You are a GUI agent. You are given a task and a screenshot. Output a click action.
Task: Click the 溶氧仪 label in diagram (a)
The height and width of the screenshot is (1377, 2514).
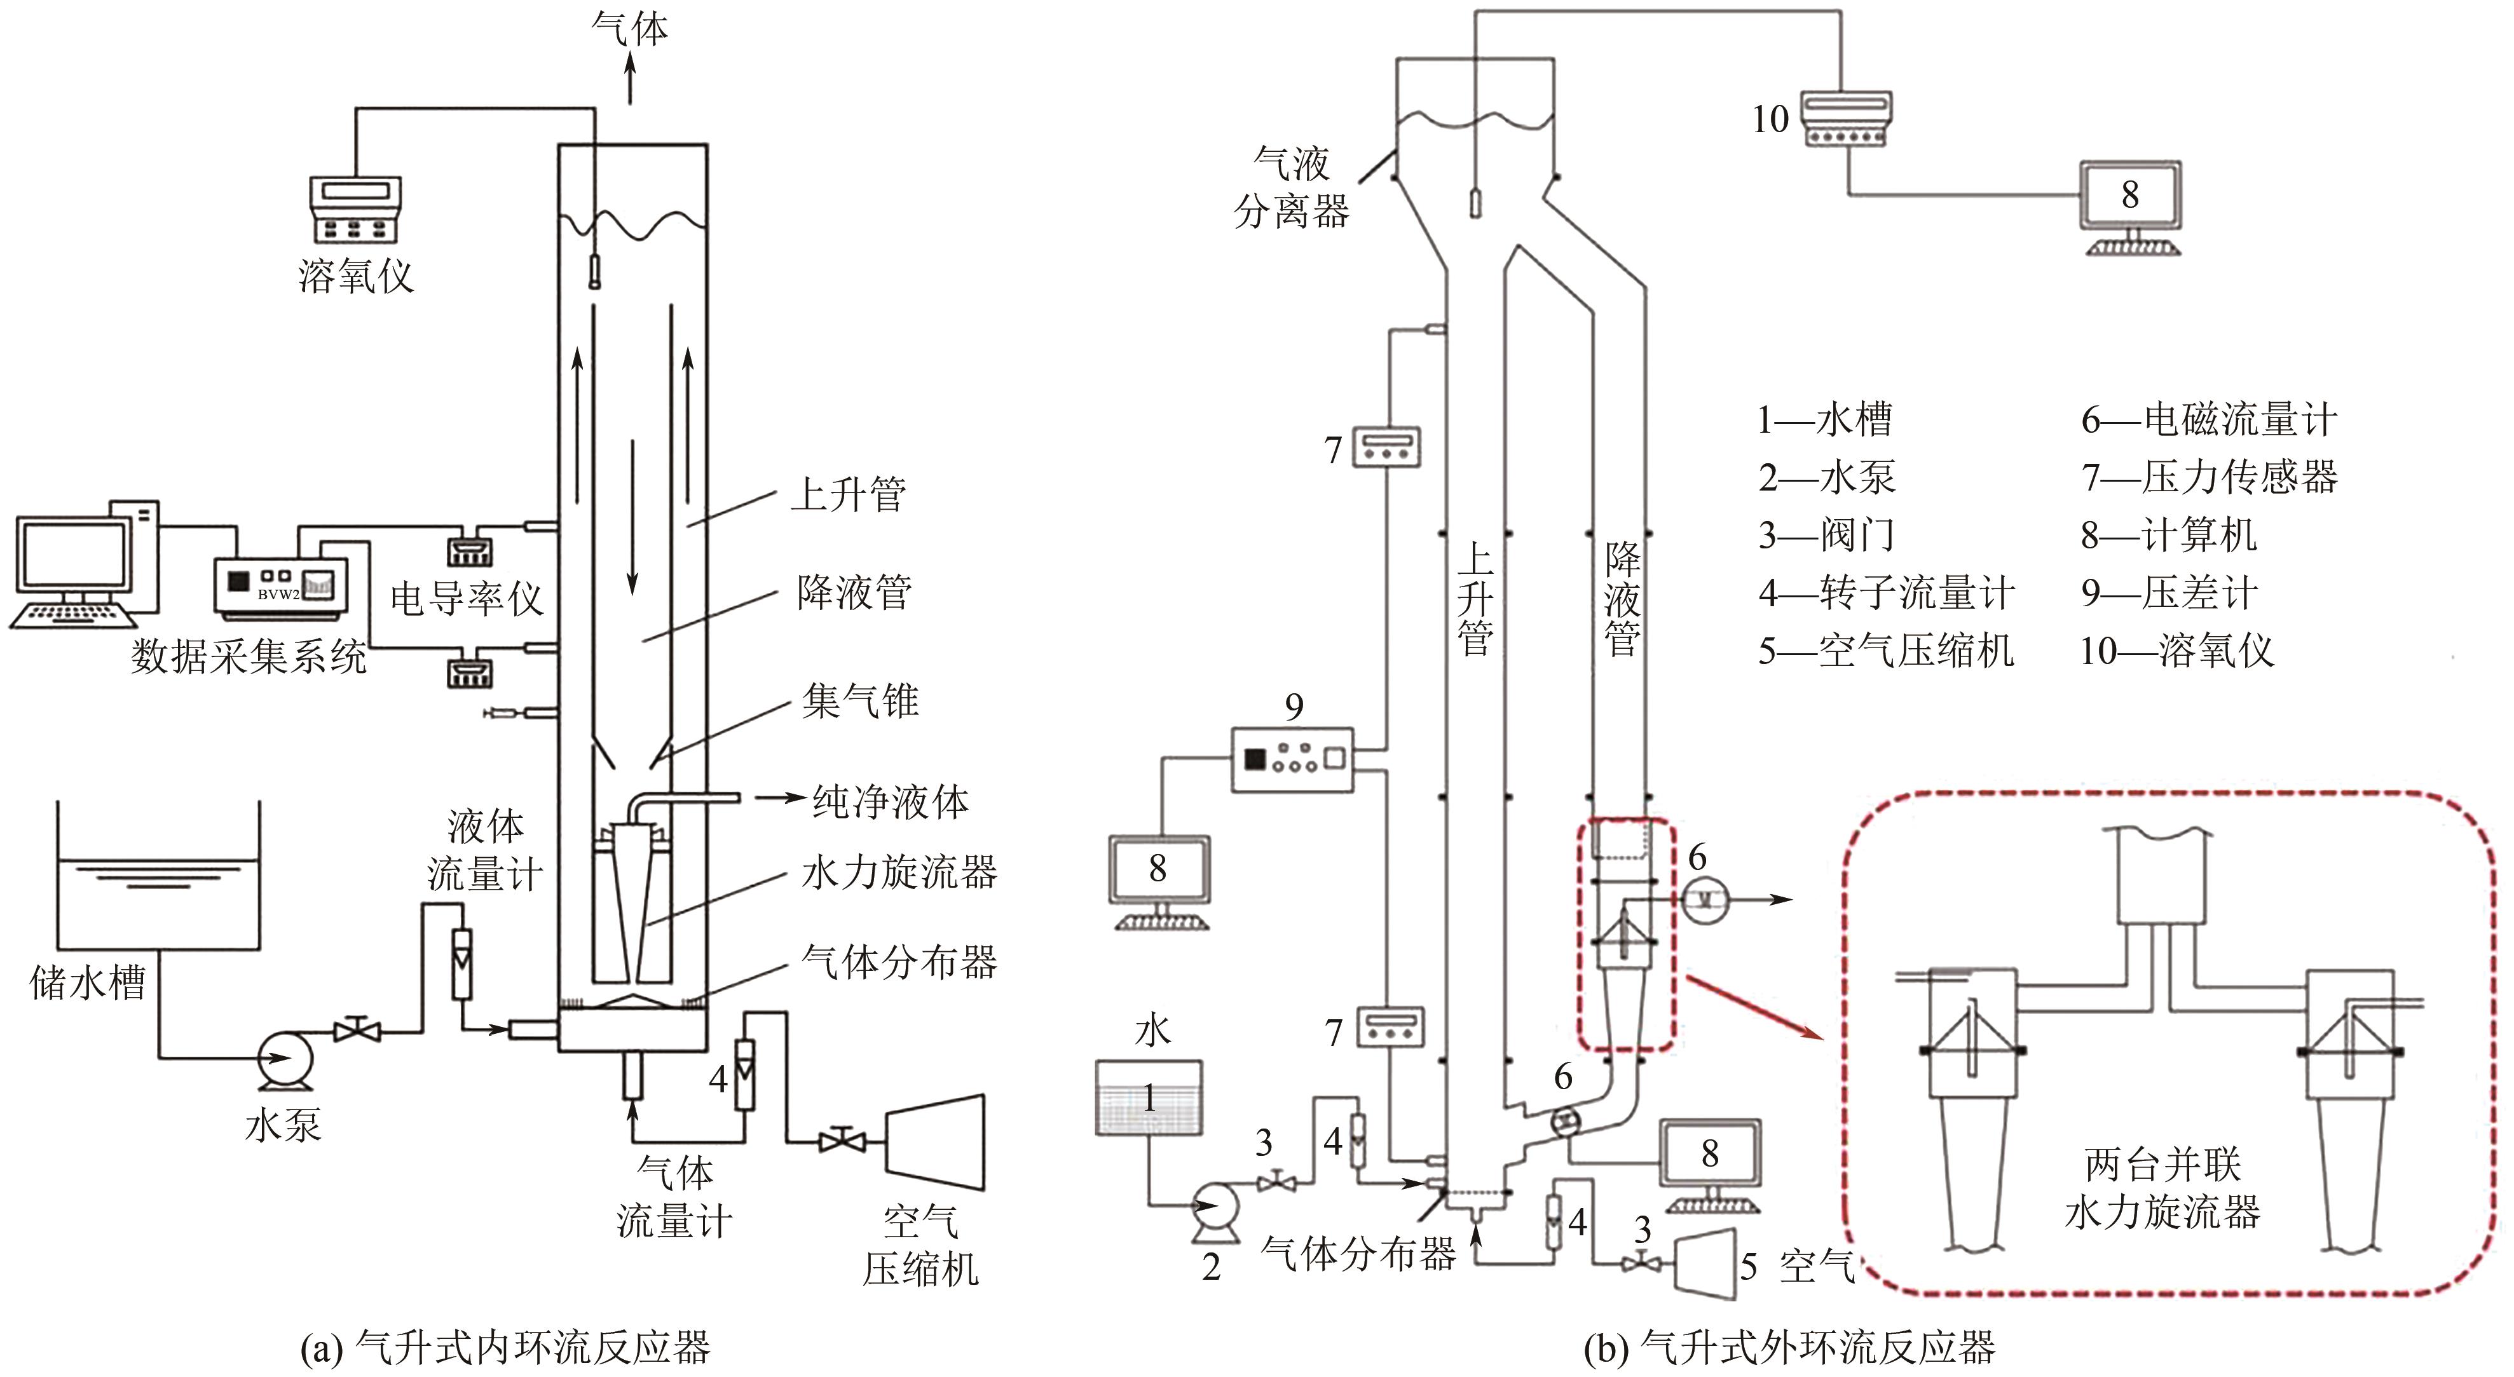click(355, 277)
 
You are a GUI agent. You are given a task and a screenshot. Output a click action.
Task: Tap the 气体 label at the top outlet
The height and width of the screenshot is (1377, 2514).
click(629, 29)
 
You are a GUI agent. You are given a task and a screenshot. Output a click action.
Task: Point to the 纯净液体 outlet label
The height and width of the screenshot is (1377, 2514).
click(890, 801)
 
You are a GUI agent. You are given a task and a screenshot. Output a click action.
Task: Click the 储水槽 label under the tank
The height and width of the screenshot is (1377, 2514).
click(88, 982)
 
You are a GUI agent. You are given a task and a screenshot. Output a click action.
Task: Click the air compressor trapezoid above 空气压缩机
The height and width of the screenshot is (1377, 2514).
click(935, 1142)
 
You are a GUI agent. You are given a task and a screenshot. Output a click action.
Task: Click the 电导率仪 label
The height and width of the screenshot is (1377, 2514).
click(467, 598)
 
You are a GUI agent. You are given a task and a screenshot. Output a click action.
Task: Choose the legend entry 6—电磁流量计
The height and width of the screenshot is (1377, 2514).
click(2208, 419)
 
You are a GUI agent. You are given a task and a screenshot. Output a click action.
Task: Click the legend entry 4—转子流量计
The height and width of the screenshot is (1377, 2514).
click(1885, 592)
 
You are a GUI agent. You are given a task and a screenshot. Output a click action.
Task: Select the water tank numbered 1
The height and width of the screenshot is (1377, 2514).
click(1149, 1098)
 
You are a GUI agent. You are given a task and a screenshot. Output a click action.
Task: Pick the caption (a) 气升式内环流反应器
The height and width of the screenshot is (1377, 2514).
click(505, 1348)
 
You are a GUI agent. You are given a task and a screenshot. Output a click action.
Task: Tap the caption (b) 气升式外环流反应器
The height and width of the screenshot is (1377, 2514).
click(1789, 1348)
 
